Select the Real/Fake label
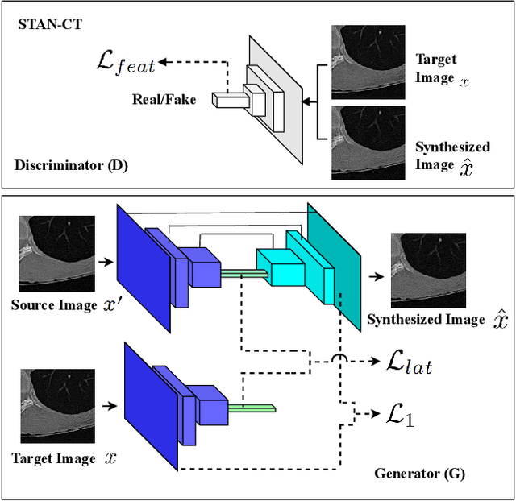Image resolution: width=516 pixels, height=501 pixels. click(x=164, y=101)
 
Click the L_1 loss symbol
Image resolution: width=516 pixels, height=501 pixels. click(x=397, y=416)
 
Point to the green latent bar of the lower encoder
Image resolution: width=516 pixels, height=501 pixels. click(x=252, y=408)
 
